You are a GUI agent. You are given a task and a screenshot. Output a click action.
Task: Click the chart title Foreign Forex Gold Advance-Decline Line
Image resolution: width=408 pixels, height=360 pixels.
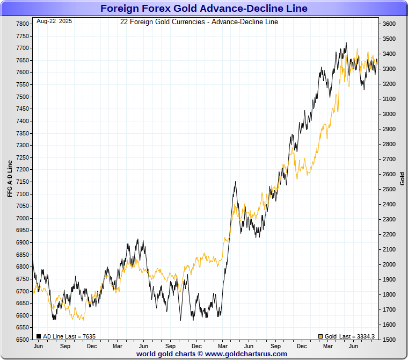tap(203, 8)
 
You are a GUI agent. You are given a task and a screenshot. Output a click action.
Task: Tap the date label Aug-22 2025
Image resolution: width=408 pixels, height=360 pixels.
tap(54, 21)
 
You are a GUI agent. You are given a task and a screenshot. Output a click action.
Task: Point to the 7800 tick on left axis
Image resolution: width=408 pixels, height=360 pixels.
tap(23, 24)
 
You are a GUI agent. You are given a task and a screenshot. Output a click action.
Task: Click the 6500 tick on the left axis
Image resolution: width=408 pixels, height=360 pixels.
tap(23, 340)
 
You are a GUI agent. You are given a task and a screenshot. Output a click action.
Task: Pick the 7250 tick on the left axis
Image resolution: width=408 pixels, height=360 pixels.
tap(23, 157)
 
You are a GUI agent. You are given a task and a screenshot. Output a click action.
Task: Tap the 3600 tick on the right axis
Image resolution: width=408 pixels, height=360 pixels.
tap(389, 24)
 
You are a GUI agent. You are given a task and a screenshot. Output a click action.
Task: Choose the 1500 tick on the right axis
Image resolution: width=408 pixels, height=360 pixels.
tap(389, 340)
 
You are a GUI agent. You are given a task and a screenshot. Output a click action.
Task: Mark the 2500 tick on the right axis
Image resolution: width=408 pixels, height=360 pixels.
tap(389, 190)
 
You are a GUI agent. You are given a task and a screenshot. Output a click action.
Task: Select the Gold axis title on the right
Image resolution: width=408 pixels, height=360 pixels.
tap(402, 178)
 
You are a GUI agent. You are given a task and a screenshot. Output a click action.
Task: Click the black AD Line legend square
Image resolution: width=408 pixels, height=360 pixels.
tap(39, 336)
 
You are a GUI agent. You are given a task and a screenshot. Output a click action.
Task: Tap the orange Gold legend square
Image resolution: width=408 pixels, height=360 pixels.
tap(320, 336)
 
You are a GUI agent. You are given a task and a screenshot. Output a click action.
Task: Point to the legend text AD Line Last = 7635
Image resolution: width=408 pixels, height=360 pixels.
tap(69, 336)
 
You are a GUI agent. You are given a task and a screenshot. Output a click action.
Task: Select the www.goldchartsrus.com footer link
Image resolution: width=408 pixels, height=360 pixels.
tap(246, 354)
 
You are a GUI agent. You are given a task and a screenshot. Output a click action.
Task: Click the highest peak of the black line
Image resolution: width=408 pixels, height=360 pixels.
tap(346, 43)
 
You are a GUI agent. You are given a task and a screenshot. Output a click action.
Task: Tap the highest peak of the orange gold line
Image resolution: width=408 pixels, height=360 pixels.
tap(357, 49)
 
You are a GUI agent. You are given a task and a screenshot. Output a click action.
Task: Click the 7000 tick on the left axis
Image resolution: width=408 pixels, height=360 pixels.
tap(23, 218)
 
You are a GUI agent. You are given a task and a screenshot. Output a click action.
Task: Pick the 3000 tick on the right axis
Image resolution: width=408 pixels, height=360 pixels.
tap(389, 114)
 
